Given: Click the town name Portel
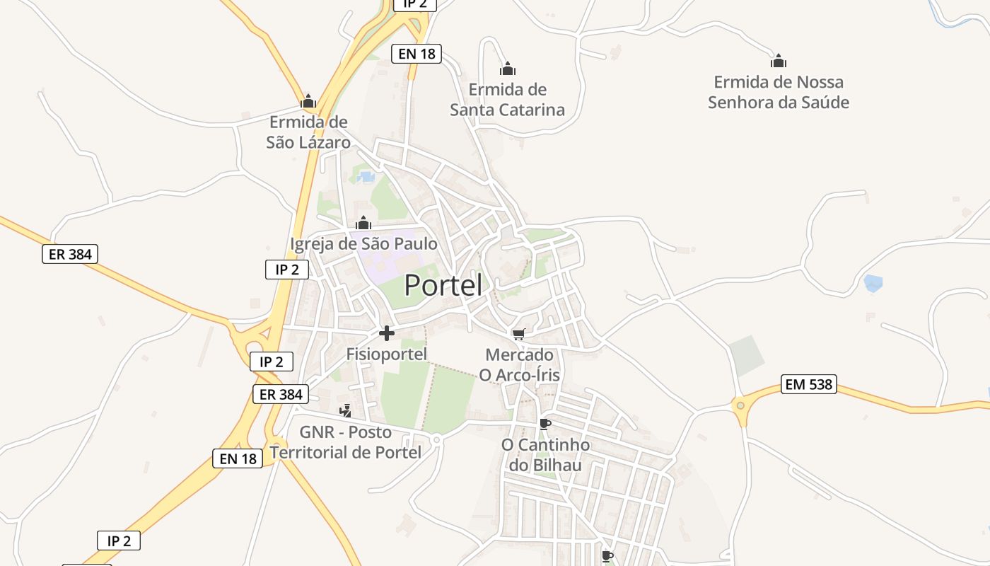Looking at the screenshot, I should (x=443, y=285).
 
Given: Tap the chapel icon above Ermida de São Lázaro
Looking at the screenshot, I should (x=308, y=101).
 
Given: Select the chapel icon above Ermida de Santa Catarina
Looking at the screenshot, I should (x=507, y=69).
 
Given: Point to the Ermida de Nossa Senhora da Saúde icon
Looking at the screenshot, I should (x=779, y=61).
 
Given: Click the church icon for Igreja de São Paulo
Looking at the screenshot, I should (x=363, y=223).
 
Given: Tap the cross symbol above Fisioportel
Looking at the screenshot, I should (x=387, y=333).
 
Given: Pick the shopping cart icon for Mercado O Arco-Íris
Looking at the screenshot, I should (x=519, y=334).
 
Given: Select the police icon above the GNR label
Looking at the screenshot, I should (x=346, y=410).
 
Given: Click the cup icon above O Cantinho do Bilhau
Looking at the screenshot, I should (x=544, y=424).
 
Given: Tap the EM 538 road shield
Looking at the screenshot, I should (x=809, y=385).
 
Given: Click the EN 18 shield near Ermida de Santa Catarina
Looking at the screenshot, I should (x=416, y=53).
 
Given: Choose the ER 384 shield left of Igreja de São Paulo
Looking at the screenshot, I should (x=69, y=254).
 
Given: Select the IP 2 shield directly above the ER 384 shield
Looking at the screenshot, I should (x=272, y=362).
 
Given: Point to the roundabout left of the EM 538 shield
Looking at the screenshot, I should (x=740, y=405).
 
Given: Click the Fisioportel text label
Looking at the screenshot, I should (x=387, y=354).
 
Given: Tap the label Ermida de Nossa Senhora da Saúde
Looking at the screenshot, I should (x=778, y=92).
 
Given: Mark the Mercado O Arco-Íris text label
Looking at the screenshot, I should (x=520, y=364).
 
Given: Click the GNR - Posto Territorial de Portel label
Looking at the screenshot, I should (x=346, y=442).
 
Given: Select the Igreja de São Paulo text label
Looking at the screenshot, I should (x=363, y=244).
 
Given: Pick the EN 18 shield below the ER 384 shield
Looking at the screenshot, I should (x=238, y=458).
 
